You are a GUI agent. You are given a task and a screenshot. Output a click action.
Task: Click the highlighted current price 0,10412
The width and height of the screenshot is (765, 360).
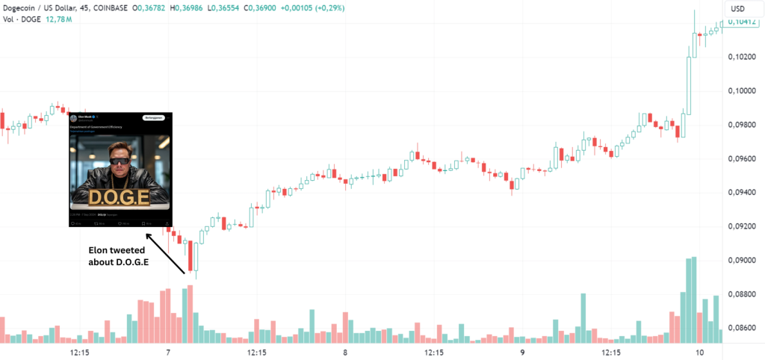click(742, 22)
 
